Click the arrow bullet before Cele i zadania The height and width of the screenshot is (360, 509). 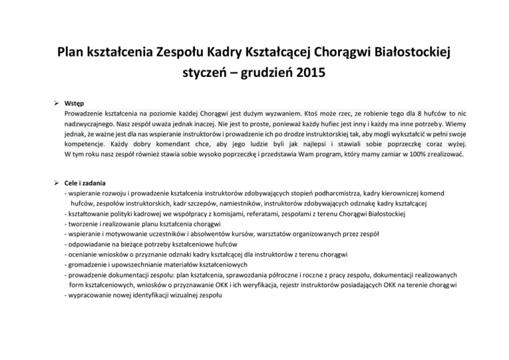[58, 183]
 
